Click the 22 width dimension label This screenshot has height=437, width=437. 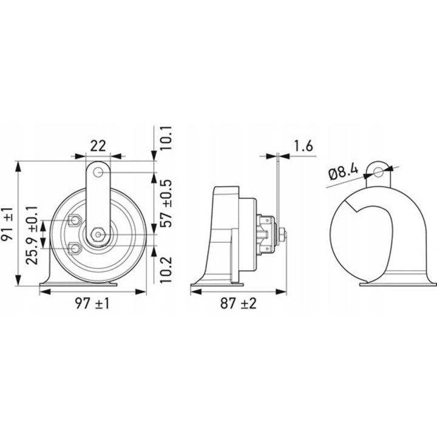click(98, 146)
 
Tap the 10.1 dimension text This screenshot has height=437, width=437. click(166, 138)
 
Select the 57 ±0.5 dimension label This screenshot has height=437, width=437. click(166, 203)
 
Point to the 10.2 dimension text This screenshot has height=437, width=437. click(166, 269)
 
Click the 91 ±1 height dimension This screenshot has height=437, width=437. click(7, 224)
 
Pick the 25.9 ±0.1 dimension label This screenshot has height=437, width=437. click(32, 235)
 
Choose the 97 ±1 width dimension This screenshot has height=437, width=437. click(92, 303)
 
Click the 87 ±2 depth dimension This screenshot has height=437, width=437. click(239, 303)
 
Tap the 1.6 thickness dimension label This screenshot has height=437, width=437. click(303, 146)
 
